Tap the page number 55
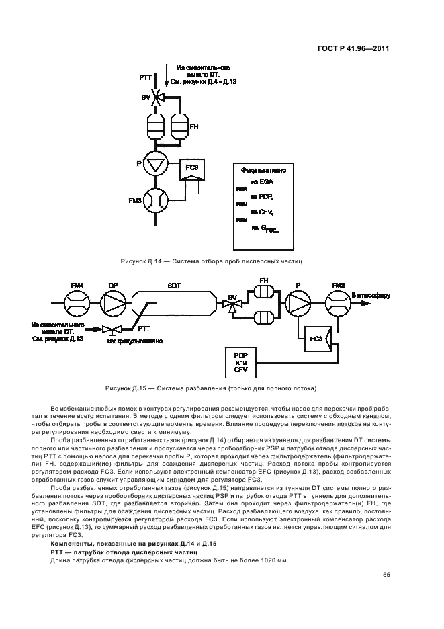(386, 574)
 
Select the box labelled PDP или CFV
(240, 362)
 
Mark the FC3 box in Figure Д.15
(315, 340)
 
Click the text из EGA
(262, 182)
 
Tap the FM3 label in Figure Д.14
(134, 200)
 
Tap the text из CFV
(263, 212)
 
